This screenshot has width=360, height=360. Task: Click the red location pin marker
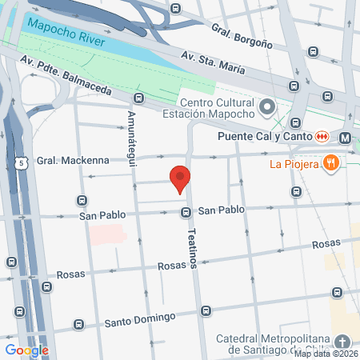180,179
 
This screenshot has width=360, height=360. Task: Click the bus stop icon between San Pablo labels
186,212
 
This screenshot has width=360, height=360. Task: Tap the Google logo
26,350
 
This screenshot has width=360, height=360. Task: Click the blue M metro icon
345,138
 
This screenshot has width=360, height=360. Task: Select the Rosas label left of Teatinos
173,266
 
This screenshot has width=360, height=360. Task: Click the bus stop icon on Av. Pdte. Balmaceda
138,98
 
